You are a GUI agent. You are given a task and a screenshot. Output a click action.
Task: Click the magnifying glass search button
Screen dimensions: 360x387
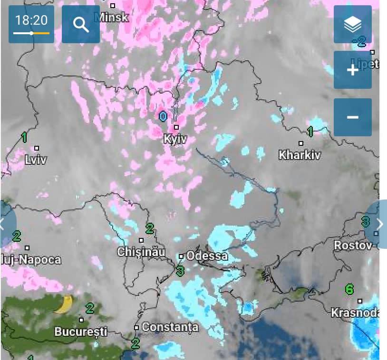click(81, 24)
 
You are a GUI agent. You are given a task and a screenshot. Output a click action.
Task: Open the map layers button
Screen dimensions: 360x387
click(352, 24)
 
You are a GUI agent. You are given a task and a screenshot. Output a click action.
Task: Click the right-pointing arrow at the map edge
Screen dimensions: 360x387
click(379, 224)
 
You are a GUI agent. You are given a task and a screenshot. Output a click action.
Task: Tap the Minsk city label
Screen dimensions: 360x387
click(112, 18)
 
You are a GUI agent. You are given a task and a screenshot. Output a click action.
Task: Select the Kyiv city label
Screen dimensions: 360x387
click(175, 139)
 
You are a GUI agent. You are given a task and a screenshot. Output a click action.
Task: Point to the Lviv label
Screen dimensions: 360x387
click(36, 160)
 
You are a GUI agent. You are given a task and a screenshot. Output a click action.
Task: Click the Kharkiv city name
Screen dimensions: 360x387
click(300, 155)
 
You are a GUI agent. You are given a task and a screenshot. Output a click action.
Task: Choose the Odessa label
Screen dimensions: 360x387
click(207, 256)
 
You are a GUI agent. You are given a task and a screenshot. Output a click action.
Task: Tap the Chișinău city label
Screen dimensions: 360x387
click(141, 252)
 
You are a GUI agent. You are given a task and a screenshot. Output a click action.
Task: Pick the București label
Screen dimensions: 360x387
click(81, 331)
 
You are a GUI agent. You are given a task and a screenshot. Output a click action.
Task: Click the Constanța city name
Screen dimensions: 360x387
click(170, 327)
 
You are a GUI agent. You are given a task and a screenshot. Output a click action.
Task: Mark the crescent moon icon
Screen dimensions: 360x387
click(64, 304)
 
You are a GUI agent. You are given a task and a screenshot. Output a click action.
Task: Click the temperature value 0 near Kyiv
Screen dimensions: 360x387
click(163, 116)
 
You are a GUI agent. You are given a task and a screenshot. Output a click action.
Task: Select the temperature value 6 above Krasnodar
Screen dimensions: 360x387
click(349, 289)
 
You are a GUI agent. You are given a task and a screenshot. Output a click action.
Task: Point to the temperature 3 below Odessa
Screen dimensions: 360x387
click(180, 271)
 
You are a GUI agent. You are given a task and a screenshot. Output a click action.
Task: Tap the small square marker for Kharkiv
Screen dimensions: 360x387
click(300, 143)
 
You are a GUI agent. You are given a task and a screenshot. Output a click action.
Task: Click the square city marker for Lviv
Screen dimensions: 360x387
click(37, 148)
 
